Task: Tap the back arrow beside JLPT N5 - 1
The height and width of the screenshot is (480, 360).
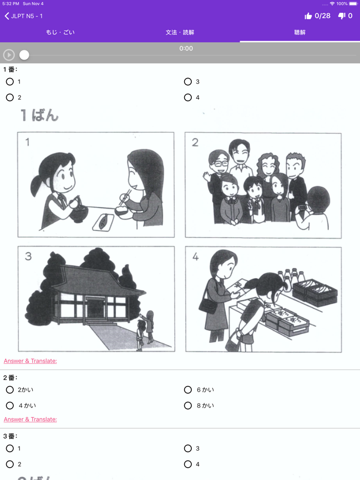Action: click(7, 16)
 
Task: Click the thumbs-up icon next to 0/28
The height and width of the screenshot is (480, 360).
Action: click(308, 16)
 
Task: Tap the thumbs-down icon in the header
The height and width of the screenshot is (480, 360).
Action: click(341, 16)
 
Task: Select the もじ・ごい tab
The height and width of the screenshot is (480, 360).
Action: click(60, 32)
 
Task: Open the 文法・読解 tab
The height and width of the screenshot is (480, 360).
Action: click(180, 32)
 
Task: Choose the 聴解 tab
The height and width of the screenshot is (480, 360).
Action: click(300, 32)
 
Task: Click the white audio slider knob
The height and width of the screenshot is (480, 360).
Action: click(24, 55)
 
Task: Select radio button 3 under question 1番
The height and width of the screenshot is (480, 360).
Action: click(188, 82)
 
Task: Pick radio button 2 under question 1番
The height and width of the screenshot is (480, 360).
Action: click(10, 98)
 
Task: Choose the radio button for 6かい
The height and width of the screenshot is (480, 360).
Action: click(188, 390)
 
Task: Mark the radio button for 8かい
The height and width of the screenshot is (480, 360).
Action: click(188, 406)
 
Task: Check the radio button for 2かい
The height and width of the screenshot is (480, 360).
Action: click(10, 390)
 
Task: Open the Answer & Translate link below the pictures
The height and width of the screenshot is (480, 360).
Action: click(30, 361)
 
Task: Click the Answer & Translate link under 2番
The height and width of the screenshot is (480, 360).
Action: click(30, 419)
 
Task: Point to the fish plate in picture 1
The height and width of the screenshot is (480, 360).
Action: click(103, 221)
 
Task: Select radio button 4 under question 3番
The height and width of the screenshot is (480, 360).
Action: click(188, 465)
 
